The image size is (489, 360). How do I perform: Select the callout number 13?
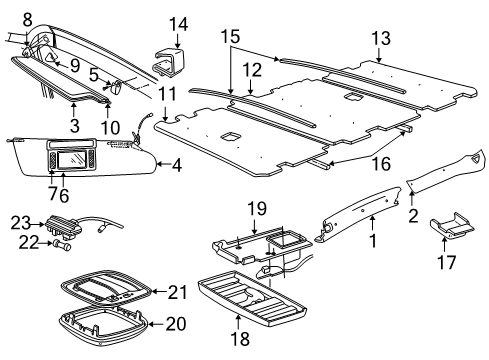point(381,38)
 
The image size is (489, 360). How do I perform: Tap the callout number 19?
point(258,208)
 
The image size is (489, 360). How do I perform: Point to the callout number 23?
point(22,223)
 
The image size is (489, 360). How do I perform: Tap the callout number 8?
point(27,18)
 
